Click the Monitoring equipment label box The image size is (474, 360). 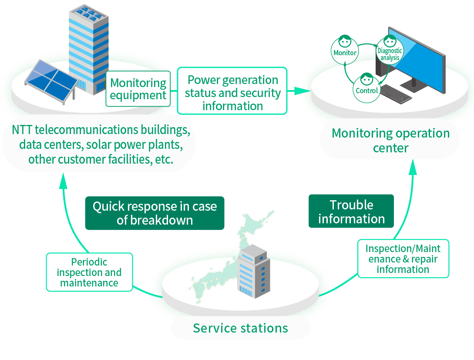138,89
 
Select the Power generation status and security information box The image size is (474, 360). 232,92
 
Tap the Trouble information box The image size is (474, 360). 351,212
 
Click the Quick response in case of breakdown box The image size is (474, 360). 155,213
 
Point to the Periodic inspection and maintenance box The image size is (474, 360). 89,273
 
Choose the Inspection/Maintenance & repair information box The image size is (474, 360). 403,259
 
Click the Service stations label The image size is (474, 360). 240,328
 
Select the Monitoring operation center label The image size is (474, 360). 390,140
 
